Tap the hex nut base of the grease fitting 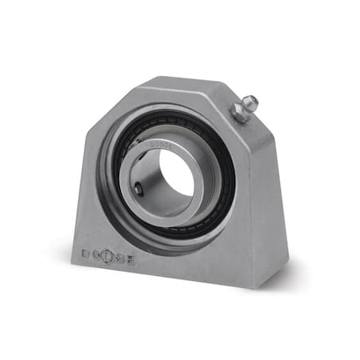point(238,114)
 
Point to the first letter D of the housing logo point(86,254)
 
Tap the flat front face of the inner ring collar point(134,168)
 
